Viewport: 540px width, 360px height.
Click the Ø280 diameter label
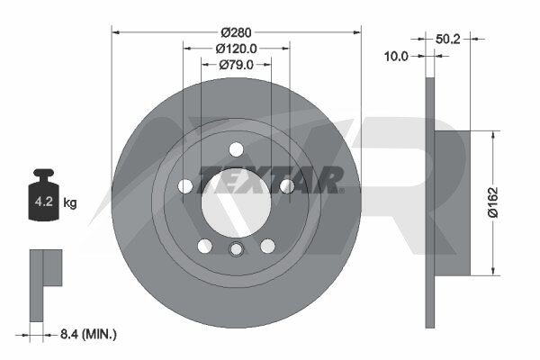(236, 32)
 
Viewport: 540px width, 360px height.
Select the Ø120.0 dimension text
(236, 49)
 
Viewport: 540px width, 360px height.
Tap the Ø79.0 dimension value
(236, 65)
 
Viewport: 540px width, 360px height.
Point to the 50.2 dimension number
(447, 39)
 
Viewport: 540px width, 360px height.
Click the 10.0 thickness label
(396, 56)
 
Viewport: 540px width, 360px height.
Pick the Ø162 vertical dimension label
(493, 202)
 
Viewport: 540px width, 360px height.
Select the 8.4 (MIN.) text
(88, 334)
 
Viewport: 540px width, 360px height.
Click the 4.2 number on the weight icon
(44, 202)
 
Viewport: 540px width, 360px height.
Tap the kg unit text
(70, 202)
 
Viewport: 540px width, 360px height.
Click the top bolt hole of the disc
(236, 149)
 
